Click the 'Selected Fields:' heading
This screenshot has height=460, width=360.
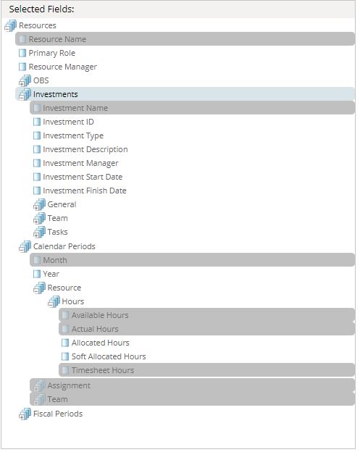click(41, 9)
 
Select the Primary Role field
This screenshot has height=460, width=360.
click(51, 53)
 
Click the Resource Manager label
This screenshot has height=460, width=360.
click(62, 67)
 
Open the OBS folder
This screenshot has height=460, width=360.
click(41, 80)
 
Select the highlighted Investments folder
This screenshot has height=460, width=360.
click(56, 94)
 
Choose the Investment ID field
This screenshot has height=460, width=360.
click(68, 122)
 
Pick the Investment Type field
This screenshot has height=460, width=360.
click(73, 135)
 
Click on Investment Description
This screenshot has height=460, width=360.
click(85, 149)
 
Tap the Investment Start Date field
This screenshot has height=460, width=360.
click(83, 177)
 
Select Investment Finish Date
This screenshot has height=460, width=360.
click(85, 191)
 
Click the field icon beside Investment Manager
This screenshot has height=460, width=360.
click(37, 163)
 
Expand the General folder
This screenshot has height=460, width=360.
click(62, 204)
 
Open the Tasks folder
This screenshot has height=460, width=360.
click(57, 232)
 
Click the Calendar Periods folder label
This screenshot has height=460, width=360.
click(64, 246)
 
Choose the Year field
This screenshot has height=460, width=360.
click(51, 274)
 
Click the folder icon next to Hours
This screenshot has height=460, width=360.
click(54, 301)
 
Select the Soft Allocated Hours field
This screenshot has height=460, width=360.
click(109, 356)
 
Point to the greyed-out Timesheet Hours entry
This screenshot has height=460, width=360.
click(103, 370)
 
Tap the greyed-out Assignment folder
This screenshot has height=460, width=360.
click(69, 385)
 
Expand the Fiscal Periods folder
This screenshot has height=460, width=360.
click(58, 414)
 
